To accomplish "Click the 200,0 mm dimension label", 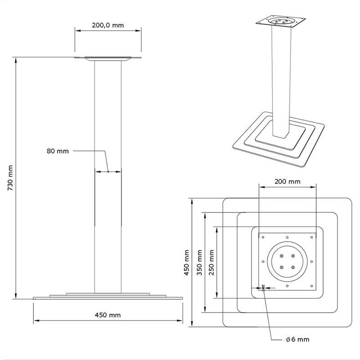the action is pyautogui.click(x=108, y=25).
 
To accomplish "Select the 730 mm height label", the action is pyautogui.click(x=10, y=178).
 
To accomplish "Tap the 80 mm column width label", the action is pyautogui.click(x=58, y=151).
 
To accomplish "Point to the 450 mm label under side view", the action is pyautogui.click(x=108, y=315).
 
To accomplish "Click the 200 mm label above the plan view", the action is pyautogui.click(x=288, y=182).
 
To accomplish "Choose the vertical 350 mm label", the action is pyautogui.click(x=199, y=263).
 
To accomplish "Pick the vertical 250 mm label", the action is pyautogui.click(x=211, y=262).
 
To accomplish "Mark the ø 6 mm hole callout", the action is pyautogui.click(x=298, y=339).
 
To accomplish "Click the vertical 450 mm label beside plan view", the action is pyautogui.click(x=186, y=263).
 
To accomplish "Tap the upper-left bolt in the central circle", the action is pyautogui.click(x=282, y=256).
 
